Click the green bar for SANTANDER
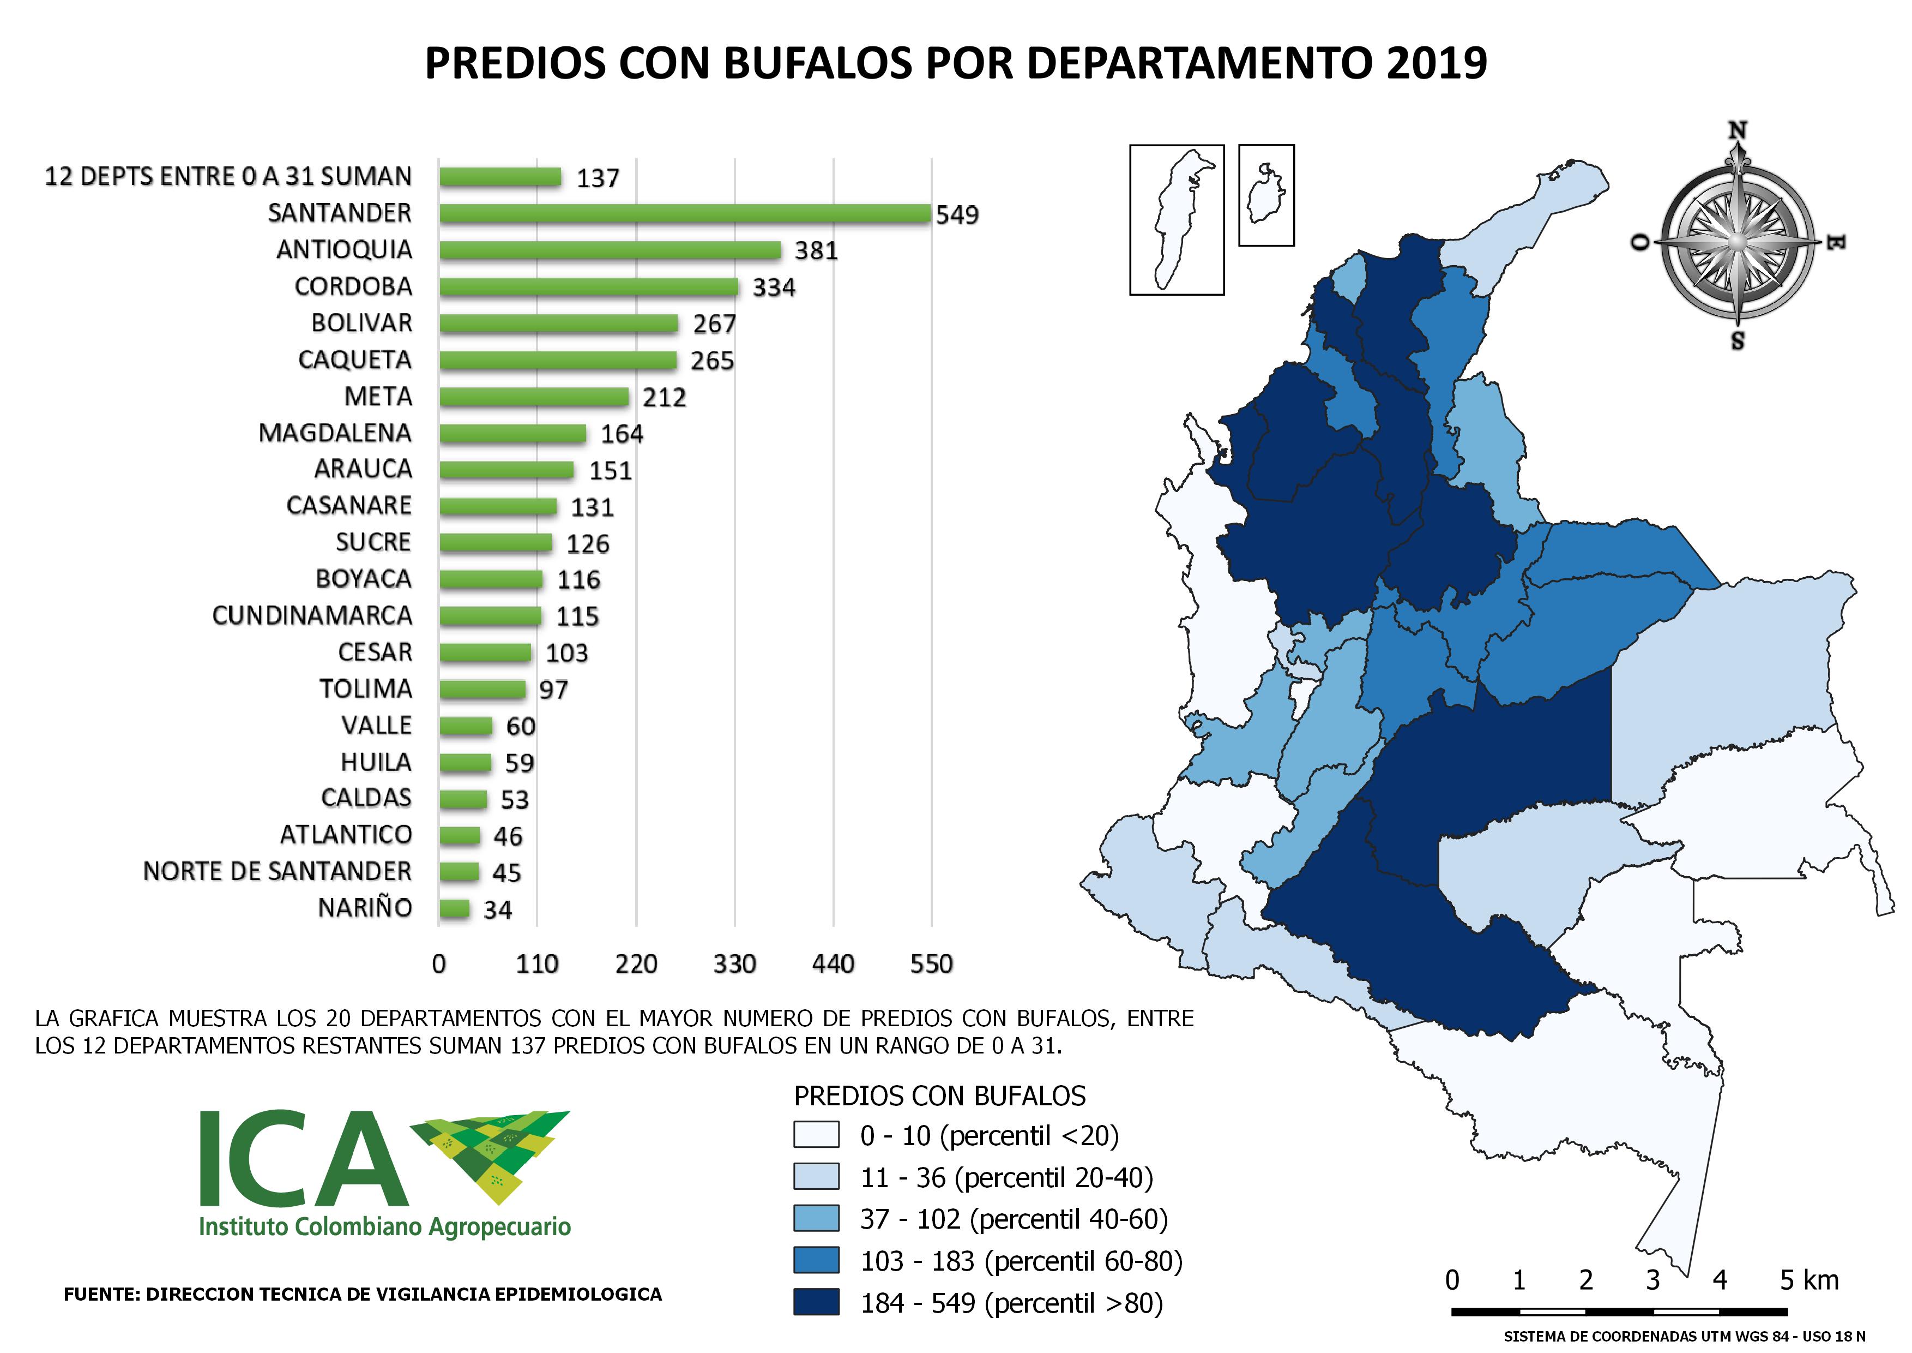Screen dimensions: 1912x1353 pyautogui.click(x=685, y=213)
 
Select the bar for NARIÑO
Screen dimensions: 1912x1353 pyautogui.click(x=455, y=908)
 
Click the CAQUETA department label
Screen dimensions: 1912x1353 pyautogui.click(x=355, y=360)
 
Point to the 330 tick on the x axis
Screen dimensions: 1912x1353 pyautogui.click(x=734, y=964)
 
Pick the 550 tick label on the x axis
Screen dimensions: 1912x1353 pyautogui.click(x=931, y=964)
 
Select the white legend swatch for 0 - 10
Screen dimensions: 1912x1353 pyautogui.click(x=816, y=1135)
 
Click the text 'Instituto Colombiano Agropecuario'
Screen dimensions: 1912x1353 pyautogui.click(x=385, y=1227)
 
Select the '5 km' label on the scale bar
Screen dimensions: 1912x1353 pyautogui.click(x=1809, y=1280)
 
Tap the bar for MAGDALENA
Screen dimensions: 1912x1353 pyautogui.click(x=513, y=433)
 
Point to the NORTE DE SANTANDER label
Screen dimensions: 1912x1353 pyautogui.click(x=278, y=871)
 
